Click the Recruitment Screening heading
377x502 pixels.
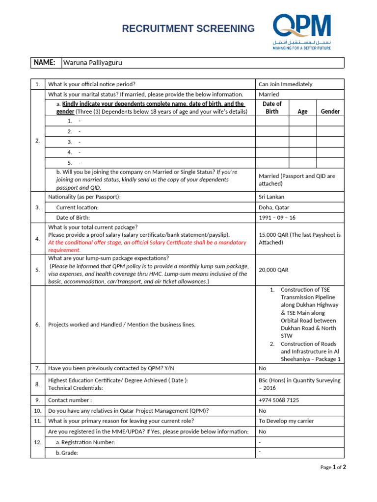point(188,28)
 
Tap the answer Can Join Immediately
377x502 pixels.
point(286,84)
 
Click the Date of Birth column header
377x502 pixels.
point(272,107)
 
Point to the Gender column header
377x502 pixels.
point(330,111)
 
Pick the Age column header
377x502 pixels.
point(302,111)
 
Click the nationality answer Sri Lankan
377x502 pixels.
point(271,197)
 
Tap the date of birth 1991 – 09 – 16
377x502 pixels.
point(277,218)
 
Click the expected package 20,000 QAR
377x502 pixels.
point(273,270)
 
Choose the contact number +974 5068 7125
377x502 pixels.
point(278,400)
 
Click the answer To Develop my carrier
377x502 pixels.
point(286,421)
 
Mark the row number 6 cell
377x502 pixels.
point(38,325)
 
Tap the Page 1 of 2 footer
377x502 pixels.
point(333,467)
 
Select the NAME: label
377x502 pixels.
point(44,63)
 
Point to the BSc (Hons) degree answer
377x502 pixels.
point(299,384)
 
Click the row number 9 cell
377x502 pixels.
point(38,400)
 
